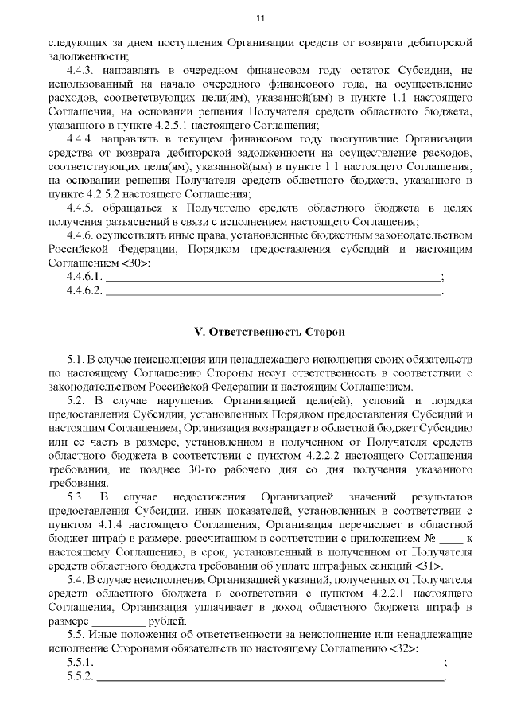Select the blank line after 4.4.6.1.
pos(273,277)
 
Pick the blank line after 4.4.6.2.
pos(273,291)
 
